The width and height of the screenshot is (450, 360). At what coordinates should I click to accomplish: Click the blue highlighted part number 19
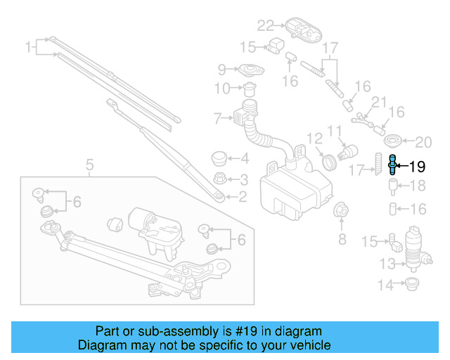click(x=391, y=167)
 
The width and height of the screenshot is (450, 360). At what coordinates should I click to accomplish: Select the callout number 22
click(x=264, y=26)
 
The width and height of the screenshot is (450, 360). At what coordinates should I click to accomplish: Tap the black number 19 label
click(x=417, y=167)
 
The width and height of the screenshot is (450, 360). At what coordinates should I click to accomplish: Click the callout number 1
click(x=29, y=48)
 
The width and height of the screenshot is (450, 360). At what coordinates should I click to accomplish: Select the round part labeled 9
click(x=249, y=72)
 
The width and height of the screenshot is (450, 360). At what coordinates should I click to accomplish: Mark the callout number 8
click(x=342, y=240)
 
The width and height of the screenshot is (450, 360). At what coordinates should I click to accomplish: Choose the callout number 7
click(x=218, y=117)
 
